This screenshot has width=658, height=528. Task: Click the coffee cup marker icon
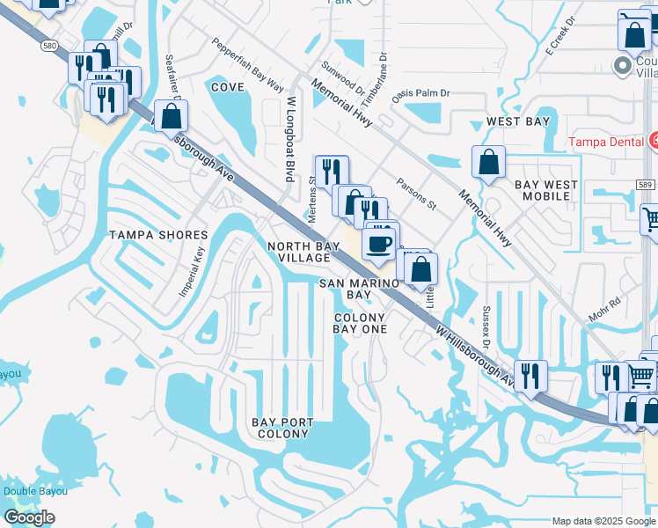379,245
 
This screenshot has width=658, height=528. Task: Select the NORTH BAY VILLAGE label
299,252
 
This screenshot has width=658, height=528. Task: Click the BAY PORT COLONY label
282,428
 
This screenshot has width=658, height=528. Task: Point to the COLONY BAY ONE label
359,323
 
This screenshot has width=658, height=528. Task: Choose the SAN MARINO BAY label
358,289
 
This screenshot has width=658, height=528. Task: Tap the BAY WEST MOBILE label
546,190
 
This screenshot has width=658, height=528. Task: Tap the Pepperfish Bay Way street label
247,65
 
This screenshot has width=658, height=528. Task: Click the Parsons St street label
416,194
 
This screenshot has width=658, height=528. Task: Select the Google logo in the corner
29,517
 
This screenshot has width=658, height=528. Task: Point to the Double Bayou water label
35,491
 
